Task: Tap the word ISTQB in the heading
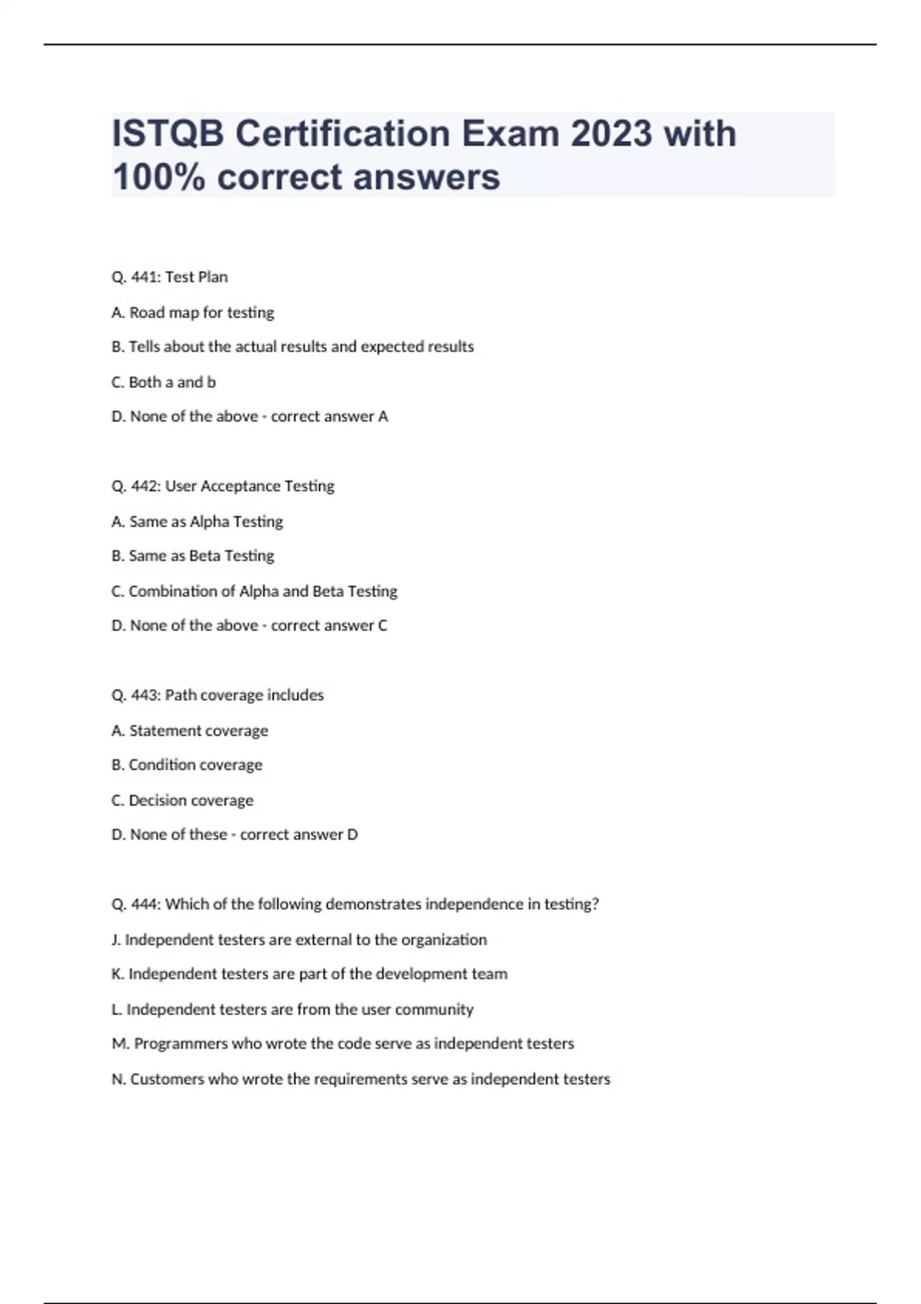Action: coord(169,134)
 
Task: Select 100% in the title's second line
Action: coord(158,177)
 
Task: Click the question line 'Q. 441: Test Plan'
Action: coord(170,277)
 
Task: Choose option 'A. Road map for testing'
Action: coord(193,312)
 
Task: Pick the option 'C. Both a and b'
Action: coord(163,382)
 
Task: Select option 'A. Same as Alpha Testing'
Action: coord(197,522)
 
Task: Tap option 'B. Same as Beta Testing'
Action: coord(193,556)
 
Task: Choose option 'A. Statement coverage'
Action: coord(190,730)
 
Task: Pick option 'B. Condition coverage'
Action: coord(187,765)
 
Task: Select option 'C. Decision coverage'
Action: coord(183,800)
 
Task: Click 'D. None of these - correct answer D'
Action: coord(235,835)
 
